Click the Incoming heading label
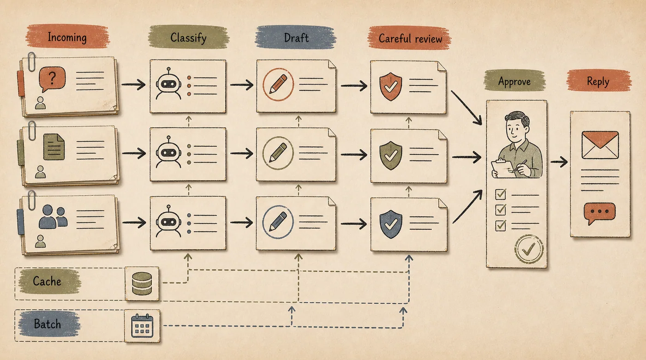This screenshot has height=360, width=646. pyautogui.click(x=67, y=37)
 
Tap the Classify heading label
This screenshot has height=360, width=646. pyautogui.click(x=188, y=38)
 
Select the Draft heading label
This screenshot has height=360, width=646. pyautogui.click(x=296, y=38)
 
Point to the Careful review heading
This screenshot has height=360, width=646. pyautogui.click(x=410, y=38)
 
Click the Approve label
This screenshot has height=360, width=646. pyautogui.click(x=514, y=82)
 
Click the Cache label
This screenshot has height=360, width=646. pyautogui.click(x=47, y=281)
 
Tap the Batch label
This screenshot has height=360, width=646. pyautogui.click(x=47, y=324)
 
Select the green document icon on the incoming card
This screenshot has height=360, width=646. pyautogui.click(x=54, y=147)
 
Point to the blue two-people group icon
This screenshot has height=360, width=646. pyautogui.click(x=54, y=216)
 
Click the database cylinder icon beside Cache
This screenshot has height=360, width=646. pyautogui.click(x=142, y=284)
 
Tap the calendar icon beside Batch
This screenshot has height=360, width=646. pyautogui.click(x=142, y=326)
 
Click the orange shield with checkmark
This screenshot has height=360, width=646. pyautogui.click(x=390, y=86)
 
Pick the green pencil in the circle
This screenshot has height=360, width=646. pyautogui.click(x=278, y=153)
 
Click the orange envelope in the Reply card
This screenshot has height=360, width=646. pyautogui.click(x=600, y=145)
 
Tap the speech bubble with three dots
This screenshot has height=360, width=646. pyautogui.click(x=599, y=213)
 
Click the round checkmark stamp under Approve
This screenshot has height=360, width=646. pyautogui.click(x=529, y=249)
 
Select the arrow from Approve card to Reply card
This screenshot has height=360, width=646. pyautogui.click(x=559, y=162)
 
